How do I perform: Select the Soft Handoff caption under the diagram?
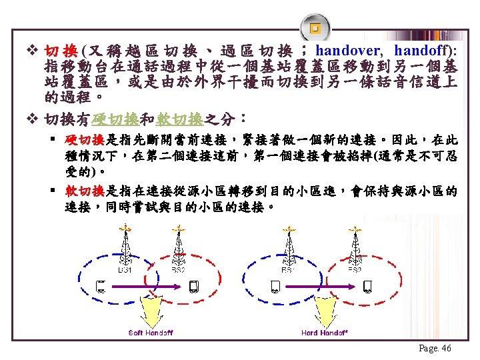pos(151,332)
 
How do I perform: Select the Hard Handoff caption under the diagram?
pos(324,332)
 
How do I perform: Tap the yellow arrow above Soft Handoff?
pos(151,311)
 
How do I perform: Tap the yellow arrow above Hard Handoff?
pos(325,311)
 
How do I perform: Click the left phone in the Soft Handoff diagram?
pos(101,287)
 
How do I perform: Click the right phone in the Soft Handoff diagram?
pos(193,287)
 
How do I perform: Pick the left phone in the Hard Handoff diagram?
pos(275,287)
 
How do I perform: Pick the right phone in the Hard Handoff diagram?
pos(367,287)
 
